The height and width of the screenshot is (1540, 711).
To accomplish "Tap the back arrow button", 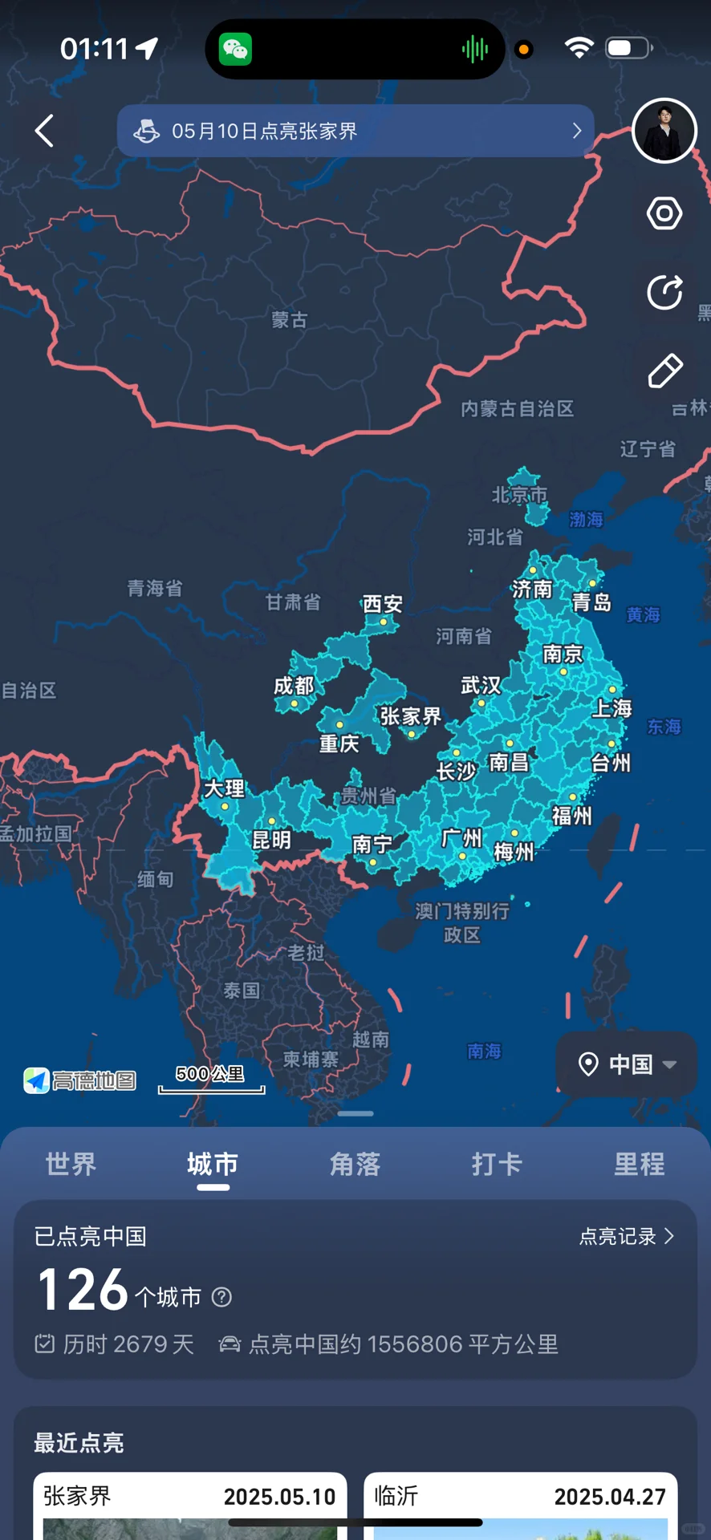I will [45, 131].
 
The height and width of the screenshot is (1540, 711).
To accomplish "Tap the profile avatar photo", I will [664, 131].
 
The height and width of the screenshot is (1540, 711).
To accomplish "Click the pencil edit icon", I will [664, 371].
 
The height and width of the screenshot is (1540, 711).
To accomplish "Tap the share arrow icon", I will [664, 292].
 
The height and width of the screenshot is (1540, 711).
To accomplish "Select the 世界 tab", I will [71, 1164].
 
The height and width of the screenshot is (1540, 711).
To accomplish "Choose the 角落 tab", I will [355, 1164].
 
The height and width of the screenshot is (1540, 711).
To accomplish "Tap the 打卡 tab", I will [497, 1164].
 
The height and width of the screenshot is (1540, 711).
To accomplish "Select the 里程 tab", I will [639, 1164].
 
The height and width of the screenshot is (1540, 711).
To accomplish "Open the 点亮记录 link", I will [627, 1236].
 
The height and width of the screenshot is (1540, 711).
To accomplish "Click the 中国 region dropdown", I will [627, 1064].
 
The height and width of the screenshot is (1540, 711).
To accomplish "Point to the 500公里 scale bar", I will [211, 1080].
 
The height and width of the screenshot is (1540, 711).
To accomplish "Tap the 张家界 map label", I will [410, 716].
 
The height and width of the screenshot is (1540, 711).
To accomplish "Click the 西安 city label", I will [382, 604].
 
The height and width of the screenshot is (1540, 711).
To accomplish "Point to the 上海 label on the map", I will [611, 708].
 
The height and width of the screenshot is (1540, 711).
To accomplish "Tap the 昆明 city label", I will [271, 840].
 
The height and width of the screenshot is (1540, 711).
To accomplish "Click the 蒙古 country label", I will [289, 320].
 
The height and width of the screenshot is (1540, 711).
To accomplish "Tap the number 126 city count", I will [83, 1291].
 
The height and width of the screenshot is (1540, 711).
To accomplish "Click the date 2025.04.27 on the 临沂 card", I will [610, 1497].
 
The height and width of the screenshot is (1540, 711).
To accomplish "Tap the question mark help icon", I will [221, 1297].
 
